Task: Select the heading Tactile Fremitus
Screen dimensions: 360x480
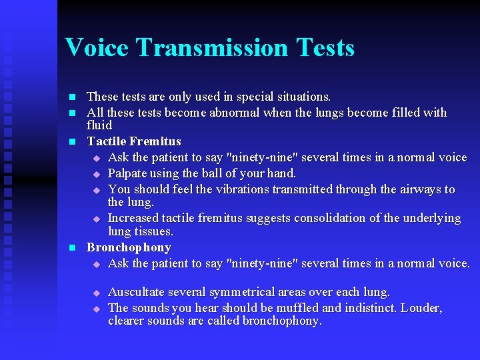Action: point(134,141)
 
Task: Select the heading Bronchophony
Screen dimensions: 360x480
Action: point(129,247)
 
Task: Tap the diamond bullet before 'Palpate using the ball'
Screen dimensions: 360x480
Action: point(96,174)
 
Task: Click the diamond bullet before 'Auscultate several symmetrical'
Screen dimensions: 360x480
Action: point(96,293)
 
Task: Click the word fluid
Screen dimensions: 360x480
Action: point(99,125)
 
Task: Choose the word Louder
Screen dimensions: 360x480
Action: point(420,308)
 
